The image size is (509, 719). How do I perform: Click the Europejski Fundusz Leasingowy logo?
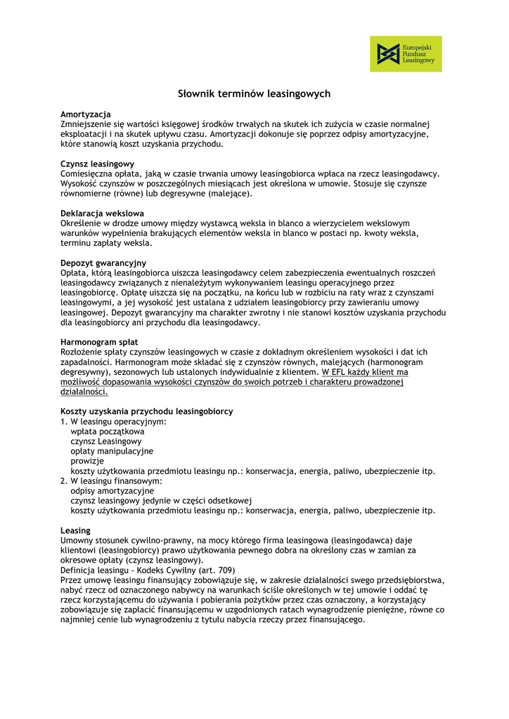click(406, 54)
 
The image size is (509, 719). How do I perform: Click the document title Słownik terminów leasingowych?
click(254, 93)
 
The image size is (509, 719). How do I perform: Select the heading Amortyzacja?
click(86, 114)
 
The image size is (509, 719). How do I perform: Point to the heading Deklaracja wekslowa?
click(103, 213)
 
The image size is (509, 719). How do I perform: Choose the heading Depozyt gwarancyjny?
click(103, 263)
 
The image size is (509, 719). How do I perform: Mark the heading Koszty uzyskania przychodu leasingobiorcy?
click(147, 411)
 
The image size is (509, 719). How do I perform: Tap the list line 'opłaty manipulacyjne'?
click(112, 451)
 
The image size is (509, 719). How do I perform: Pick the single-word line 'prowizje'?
click(87, 461)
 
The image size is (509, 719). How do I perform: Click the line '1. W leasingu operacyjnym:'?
click(113, 421)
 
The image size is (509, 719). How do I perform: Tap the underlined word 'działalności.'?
click(84, 392)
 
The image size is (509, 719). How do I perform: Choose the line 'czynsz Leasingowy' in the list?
click(106, 441)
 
